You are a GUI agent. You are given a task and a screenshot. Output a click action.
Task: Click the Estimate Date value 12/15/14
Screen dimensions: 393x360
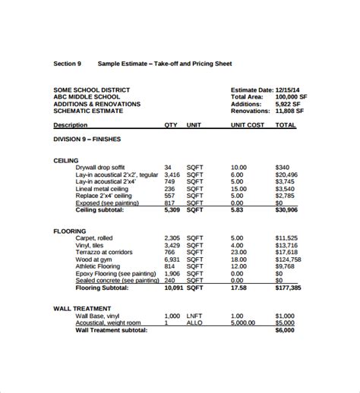289,90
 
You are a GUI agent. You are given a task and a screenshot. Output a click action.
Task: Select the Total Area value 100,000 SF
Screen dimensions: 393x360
292,96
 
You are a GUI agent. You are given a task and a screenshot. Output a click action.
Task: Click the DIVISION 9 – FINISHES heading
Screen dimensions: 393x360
87,139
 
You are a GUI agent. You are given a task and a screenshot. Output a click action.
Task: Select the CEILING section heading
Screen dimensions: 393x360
67,161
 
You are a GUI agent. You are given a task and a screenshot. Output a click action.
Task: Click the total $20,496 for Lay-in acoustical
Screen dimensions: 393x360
286,174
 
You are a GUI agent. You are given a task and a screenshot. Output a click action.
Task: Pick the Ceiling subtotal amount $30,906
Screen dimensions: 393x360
286,209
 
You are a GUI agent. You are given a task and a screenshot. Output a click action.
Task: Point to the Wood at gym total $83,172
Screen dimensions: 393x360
286,259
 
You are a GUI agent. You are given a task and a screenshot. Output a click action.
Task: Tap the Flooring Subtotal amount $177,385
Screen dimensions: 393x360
288,288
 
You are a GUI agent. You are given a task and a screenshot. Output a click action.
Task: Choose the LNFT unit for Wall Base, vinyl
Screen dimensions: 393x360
195,316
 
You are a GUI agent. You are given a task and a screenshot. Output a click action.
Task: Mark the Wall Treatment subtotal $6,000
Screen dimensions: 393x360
285,330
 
